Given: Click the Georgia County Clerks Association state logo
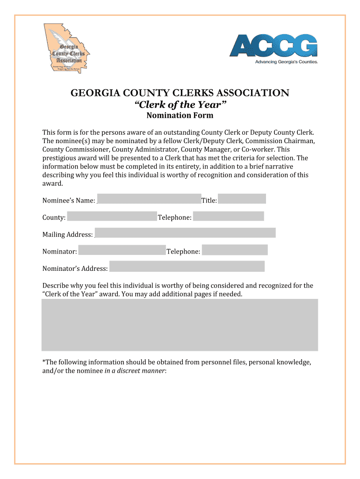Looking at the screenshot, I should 67,47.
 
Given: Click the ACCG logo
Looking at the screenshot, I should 274,45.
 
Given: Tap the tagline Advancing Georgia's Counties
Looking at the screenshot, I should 286,62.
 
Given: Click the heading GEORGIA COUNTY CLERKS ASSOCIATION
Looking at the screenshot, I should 180,93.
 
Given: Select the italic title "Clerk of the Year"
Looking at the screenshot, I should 180,105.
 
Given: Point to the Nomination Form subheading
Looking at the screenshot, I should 180,116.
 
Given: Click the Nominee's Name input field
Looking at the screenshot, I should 149,199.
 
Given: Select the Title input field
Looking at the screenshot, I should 242,199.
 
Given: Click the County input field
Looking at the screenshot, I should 112,216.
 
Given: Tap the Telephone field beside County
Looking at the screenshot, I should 229,216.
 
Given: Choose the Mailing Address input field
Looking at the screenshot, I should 185,233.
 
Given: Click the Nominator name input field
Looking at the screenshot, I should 122,250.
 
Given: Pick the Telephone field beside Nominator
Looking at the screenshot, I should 235,250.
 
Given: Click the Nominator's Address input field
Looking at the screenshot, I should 187,267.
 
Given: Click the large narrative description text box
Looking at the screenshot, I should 180,325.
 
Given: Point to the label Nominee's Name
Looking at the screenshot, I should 69,201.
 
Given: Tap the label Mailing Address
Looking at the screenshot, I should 67,235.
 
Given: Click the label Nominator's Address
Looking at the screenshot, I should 75,269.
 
